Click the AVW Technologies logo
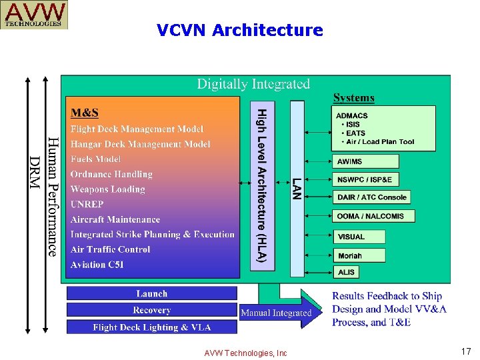(35, 15)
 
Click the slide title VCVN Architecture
(240, 30)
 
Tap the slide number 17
(465, 351)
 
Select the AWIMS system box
(365, 161)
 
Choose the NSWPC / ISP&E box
(365, 179)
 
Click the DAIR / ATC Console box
(371, 197)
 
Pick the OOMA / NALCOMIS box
(373, 216)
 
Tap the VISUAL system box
(359, 237)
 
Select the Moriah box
(359, 255)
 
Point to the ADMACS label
(352, 115)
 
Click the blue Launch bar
(152, 293)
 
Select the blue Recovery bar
(152, 310)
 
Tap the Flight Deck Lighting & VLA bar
(152, 327)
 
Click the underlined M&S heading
(85, 112)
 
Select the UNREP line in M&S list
(87, 204)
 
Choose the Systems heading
(353, 98)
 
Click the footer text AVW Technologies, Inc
(246, 353)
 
